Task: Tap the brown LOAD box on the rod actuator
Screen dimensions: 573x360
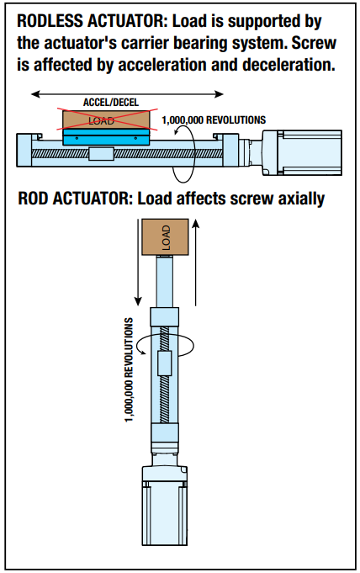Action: click(165, 236)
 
